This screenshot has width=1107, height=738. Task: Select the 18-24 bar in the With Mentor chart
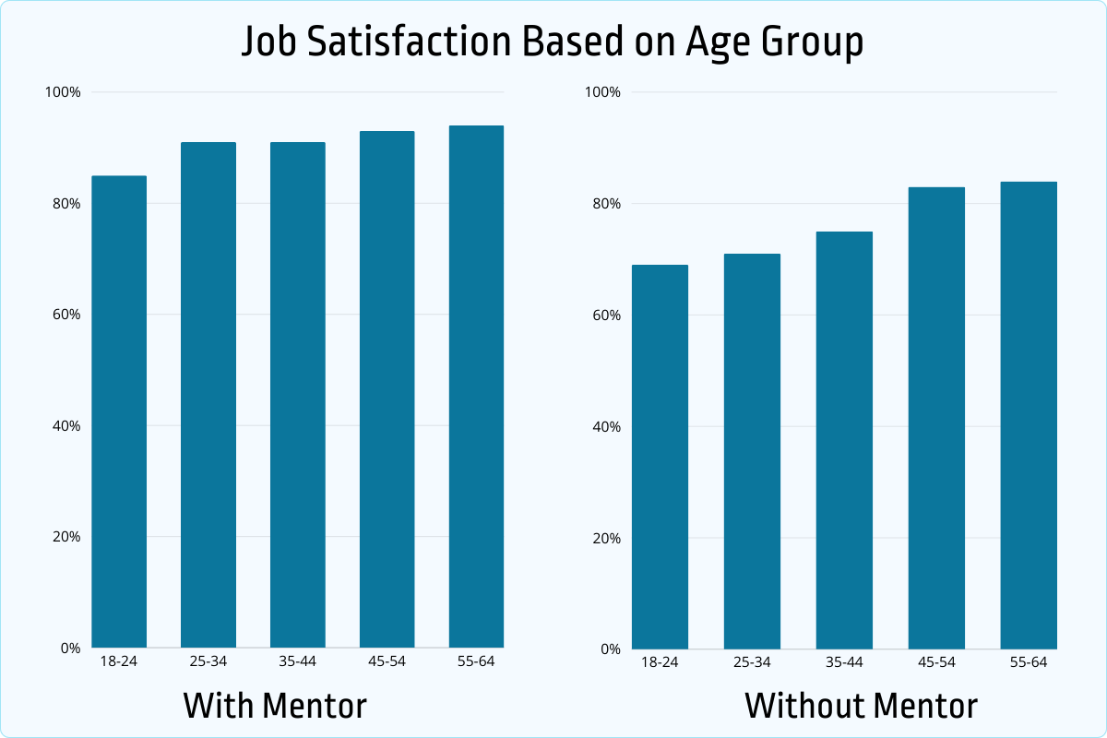coord(119,411)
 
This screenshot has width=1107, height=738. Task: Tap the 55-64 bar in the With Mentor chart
coord(476,387)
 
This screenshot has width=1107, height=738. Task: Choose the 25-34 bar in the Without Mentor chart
coord(752,451)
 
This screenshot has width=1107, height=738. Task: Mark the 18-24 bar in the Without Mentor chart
coord(661,457)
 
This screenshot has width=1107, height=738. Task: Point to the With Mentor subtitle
coord(275,706)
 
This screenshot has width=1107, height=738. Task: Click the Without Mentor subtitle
coord(861,706)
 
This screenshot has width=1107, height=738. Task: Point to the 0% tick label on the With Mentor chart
coord(71,648)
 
